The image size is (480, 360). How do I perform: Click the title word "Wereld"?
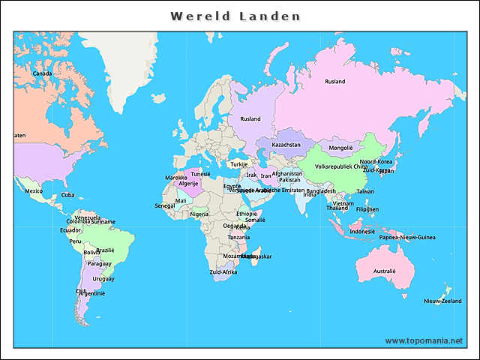point(197,16)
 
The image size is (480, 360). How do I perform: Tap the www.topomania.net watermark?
point(424,340)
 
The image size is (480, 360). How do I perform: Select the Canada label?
point(42,73)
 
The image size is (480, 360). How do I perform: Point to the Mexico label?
point(34,191)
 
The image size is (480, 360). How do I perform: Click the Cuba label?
point(67,195)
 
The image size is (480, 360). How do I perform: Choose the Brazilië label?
point(105,250)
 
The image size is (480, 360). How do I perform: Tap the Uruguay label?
point(103,278)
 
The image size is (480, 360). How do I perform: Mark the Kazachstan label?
point(286,145)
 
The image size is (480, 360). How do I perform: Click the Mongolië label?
point(340,148)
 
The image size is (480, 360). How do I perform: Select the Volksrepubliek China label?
point(341,166)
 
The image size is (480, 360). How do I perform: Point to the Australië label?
point(384,271)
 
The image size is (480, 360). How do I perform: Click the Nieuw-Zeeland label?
point(442,301)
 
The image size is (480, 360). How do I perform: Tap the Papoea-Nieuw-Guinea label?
point(407,238)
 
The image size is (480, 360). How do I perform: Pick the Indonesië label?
point(362,232)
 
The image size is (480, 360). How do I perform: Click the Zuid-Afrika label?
point(223,272)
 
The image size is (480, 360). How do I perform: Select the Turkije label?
point(238,164)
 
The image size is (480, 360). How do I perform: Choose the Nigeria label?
point(199,214)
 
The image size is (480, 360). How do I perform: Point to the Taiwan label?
point(364,191)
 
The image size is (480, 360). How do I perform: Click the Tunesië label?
point(200,174)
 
